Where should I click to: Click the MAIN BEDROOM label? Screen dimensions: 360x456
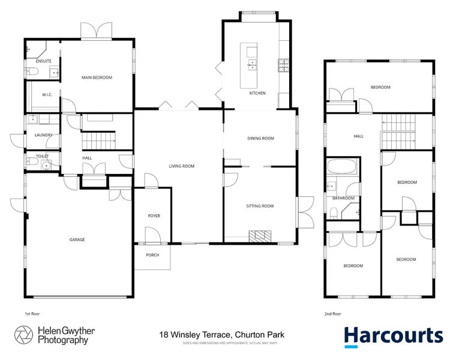(97, 77)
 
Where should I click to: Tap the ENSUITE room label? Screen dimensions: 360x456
(43, 61)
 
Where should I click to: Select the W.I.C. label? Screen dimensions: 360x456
(48, 95)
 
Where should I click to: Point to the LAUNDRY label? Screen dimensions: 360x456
(43, 135)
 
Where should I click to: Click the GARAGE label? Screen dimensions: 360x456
(77, 239)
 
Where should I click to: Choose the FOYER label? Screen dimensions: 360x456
(154, 215)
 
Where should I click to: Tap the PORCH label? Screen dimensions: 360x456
(153, 254)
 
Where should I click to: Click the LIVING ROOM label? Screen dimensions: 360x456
(181, 166)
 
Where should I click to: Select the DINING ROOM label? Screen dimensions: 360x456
(260, 138)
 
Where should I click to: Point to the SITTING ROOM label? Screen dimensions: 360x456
(260, 206)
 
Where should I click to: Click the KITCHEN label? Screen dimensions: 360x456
(257, 93)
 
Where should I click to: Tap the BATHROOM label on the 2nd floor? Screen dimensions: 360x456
(343, 198)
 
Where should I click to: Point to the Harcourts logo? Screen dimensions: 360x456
(393, 337)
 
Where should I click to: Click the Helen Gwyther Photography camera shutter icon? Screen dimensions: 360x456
(23, 335)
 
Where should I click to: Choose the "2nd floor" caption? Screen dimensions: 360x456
(332, 313)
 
